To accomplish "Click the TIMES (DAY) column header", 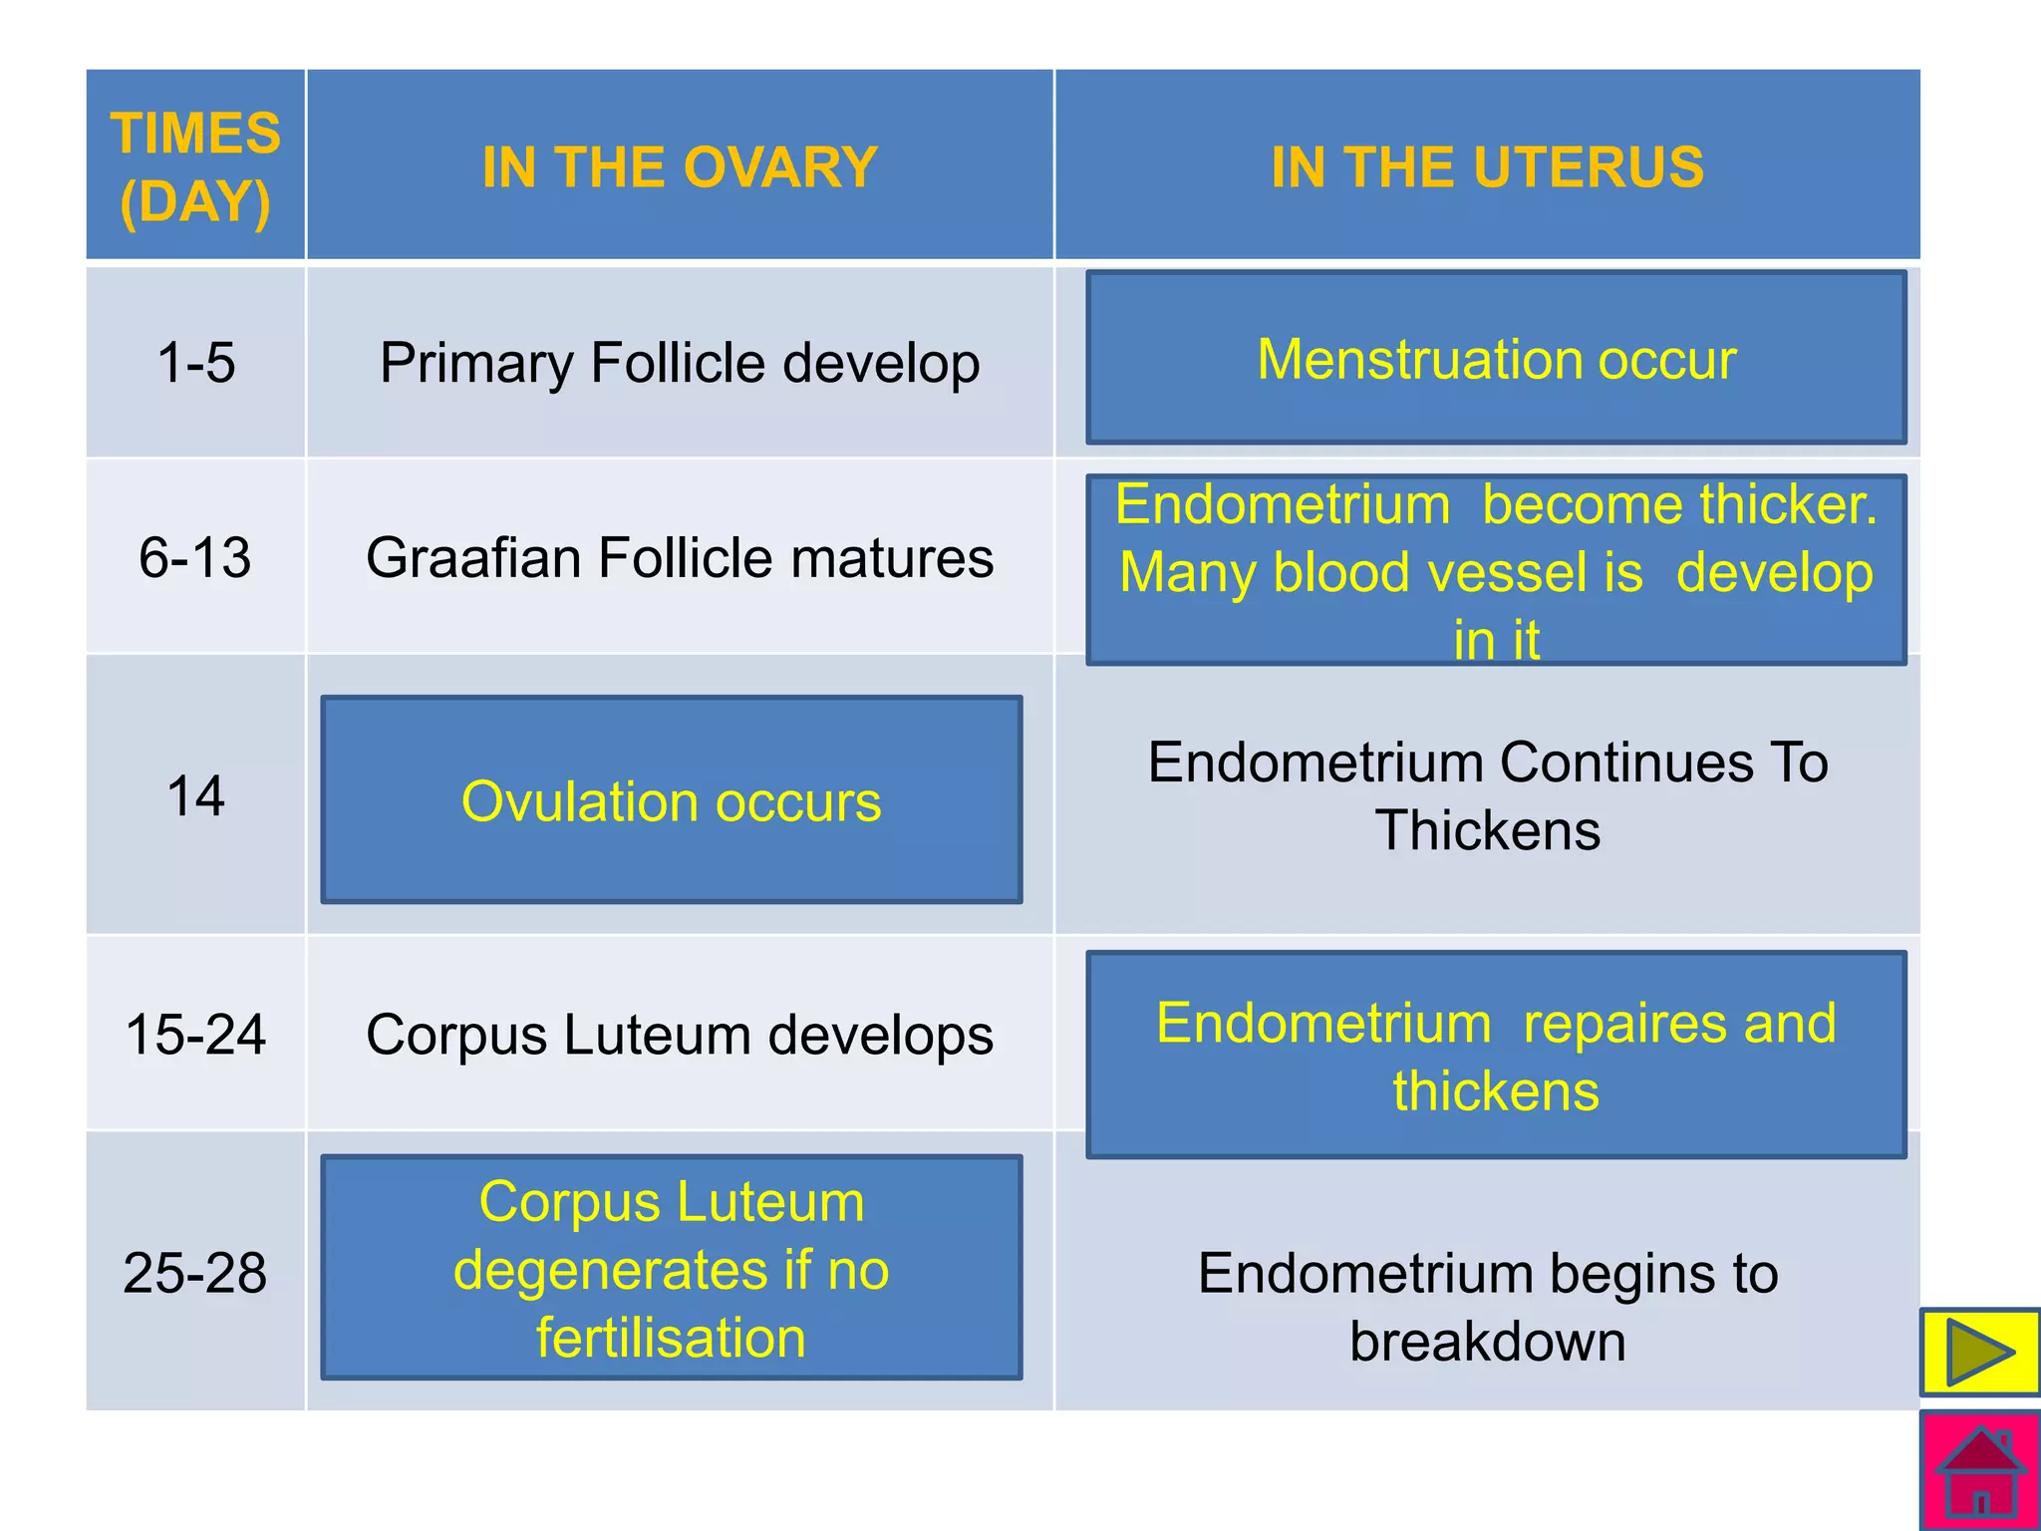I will tap(195, 166).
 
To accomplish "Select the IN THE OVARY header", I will tap(680, 166).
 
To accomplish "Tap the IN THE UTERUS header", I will tap(1487, 166).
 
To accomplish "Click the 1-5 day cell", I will tap(195, 362).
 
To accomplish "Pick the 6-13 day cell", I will tap(195, 557).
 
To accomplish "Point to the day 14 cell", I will tap(195, 796).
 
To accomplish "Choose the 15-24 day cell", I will tap(195, 1034).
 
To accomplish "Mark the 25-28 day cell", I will tap(195, 1273).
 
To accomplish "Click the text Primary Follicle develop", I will tap(680, 362).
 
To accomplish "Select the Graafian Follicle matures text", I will tap(680, 557).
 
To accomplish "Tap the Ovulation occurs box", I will tap(672, 800).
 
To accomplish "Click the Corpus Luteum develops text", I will tap(680, 1034).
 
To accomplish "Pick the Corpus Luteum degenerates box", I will tap(672, 1268).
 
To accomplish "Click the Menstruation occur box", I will tap(1496, 359).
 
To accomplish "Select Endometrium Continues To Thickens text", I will tap(1487, 796).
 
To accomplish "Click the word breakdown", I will tap(1487, 1342).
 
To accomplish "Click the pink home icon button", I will tap(1980, 1472).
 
